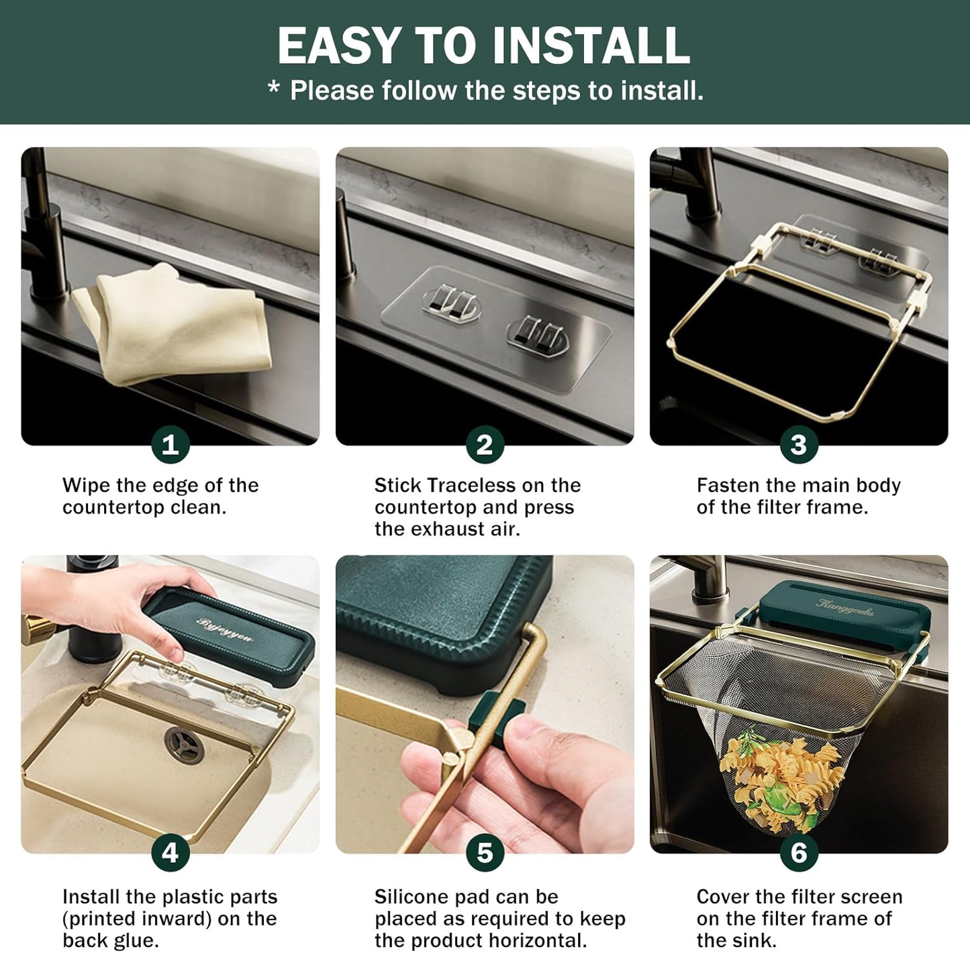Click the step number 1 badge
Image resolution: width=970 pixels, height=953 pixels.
click(x=170, y=444)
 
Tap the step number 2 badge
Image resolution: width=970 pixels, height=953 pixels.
click(x=485, y=444)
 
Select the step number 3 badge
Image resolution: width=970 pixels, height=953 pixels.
click(x=799, y=444)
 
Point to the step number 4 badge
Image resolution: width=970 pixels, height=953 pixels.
click(x=170, y=853)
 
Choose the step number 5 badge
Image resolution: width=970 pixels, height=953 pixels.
click(x=485, y=853)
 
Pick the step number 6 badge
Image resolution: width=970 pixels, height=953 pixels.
click(x=799, y=853)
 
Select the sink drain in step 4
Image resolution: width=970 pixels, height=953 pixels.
click(x=184, y=746)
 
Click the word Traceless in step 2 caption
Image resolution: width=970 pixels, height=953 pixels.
click(x=471, y=485)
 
